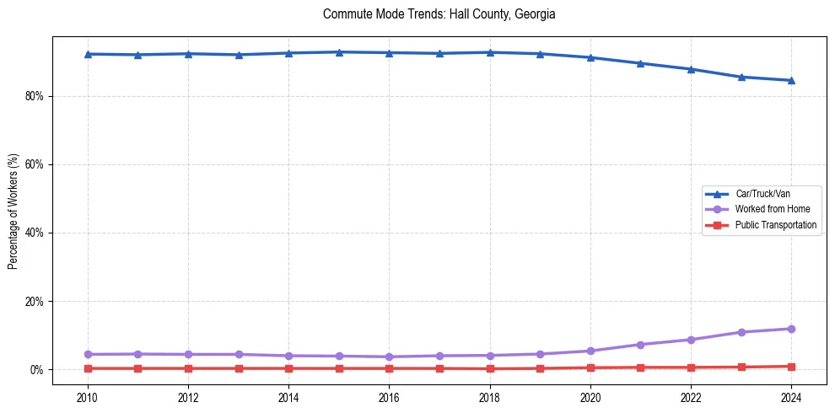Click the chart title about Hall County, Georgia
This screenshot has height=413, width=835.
click(x=439, y=14)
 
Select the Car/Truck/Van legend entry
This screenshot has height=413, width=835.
click(x=762, y=194)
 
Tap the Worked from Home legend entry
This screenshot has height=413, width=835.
click(x=768, y=209)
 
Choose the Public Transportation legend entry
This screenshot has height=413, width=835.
click(x=775, y=225)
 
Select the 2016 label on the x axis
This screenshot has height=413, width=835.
click(x=389, y=398)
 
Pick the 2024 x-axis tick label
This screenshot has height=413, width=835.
click(x=791, y=398)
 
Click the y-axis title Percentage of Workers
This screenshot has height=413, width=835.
click(x=13, y=211)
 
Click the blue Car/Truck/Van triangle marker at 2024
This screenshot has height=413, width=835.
click(x=791, y=80)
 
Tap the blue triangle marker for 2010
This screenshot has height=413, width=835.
click(x=88, y=54)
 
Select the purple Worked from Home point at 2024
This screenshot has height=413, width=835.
click(x=791, y=329)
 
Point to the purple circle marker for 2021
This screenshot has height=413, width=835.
click(x=640, y=345)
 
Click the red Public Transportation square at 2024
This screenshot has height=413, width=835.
click(x=791, y=367)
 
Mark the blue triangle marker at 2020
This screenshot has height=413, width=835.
click(x=590, y=57)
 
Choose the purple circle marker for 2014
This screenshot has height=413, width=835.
click(x=288, y=356)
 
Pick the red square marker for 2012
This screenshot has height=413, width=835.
click(x=188, y=368)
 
